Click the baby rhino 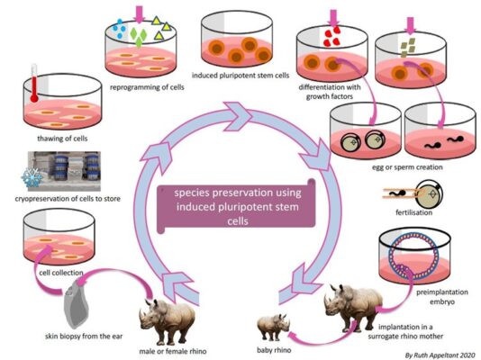(x=275, y=322)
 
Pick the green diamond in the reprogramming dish (x=137, y=38)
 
